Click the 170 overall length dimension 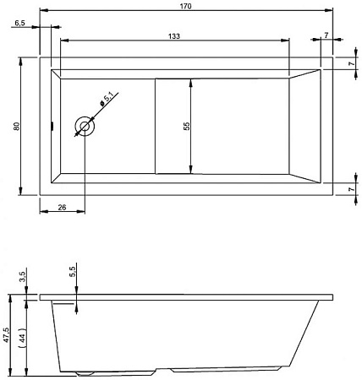pyautogui.click(x=185, y=6)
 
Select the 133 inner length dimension pyautogui.click(x=174, y=36)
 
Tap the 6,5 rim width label pyautogui.click(x=19, y=23)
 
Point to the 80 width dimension pyautogui.click(x=17, y=126)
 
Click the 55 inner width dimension pyautogui.click(x=187, y=126)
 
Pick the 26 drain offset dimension pyautogui.click(x=62, y=208)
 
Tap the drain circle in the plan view pyautogui.click(x=85, y=126)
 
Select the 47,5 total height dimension pyautogui.click(x=6, y=335)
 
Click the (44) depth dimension pyautogui.click(x=23, y=338)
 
